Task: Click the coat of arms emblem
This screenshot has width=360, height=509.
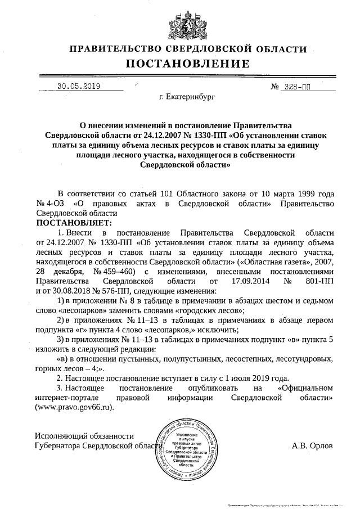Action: point(180,24)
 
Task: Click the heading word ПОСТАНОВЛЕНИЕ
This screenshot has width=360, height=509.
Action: point(180,63)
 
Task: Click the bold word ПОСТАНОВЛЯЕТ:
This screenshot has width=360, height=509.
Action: point(73,223)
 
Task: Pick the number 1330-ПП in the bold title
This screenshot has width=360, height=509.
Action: point(198,136)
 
